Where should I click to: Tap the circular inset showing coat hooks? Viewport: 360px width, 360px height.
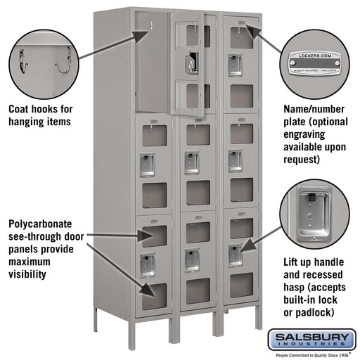pos(43,61)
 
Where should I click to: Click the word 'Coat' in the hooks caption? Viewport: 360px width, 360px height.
pos(21,109)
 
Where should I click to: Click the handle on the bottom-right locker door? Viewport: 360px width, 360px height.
pos(236,255)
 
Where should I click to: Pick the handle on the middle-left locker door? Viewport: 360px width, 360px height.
pos(148,164)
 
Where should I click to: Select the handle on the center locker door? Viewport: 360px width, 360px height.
pos(191,162)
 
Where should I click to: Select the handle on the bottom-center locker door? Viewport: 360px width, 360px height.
pos(191,259)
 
